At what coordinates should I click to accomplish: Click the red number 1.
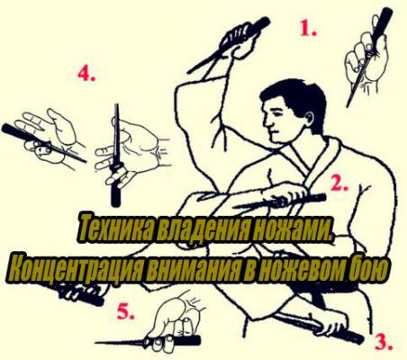308,29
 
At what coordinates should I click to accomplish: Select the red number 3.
384,342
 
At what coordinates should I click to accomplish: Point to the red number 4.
86,73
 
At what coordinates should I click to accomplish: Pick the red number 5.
126,311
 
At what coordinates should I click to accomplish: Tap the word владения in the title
205,229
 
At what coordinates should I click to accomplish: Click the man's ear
310,118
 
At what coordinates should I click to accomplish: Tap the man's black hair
295,96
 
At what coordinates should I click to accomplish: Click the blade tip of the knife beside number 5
96,343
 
